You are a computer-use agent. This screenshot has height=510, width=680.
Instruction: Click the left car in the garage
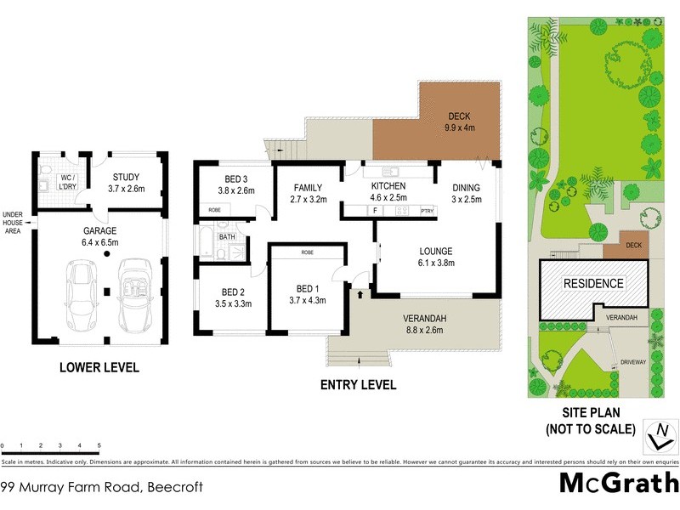tap(82, 297)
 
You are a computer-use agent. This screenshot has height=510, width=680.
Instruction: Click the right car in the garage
tap(135, 297)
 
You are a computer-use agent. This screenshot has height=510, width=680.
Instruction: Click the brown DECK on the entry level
tap(459, 122)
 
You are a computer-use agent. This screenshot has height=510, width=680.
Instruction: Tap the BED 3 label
tap(236, 178)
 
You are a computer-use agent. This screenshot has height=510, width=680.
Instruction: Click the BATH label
tap(227, 237)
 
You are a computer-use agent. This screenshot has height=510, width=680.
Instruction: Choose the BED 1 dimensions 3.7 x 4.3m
tap(306, 299)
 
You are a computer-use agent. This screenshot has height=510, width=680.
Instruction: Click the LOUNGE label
tap(435, 251)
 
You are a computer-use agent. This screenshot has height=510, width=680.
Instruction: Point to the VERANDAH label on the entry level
tap(424, 320)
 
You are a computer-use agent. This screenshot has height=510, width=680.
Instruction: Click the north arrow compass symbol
tap(657, 435)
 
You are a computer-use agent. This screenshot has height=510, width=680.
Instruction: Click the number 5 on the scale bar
tap(99, 445)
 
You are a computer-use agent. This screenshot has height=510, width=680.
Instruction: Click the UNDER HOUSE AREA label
tap(14, 223)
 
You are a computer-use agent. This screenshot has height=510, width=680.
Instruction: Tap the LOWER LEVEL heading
tap(99, 368)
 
